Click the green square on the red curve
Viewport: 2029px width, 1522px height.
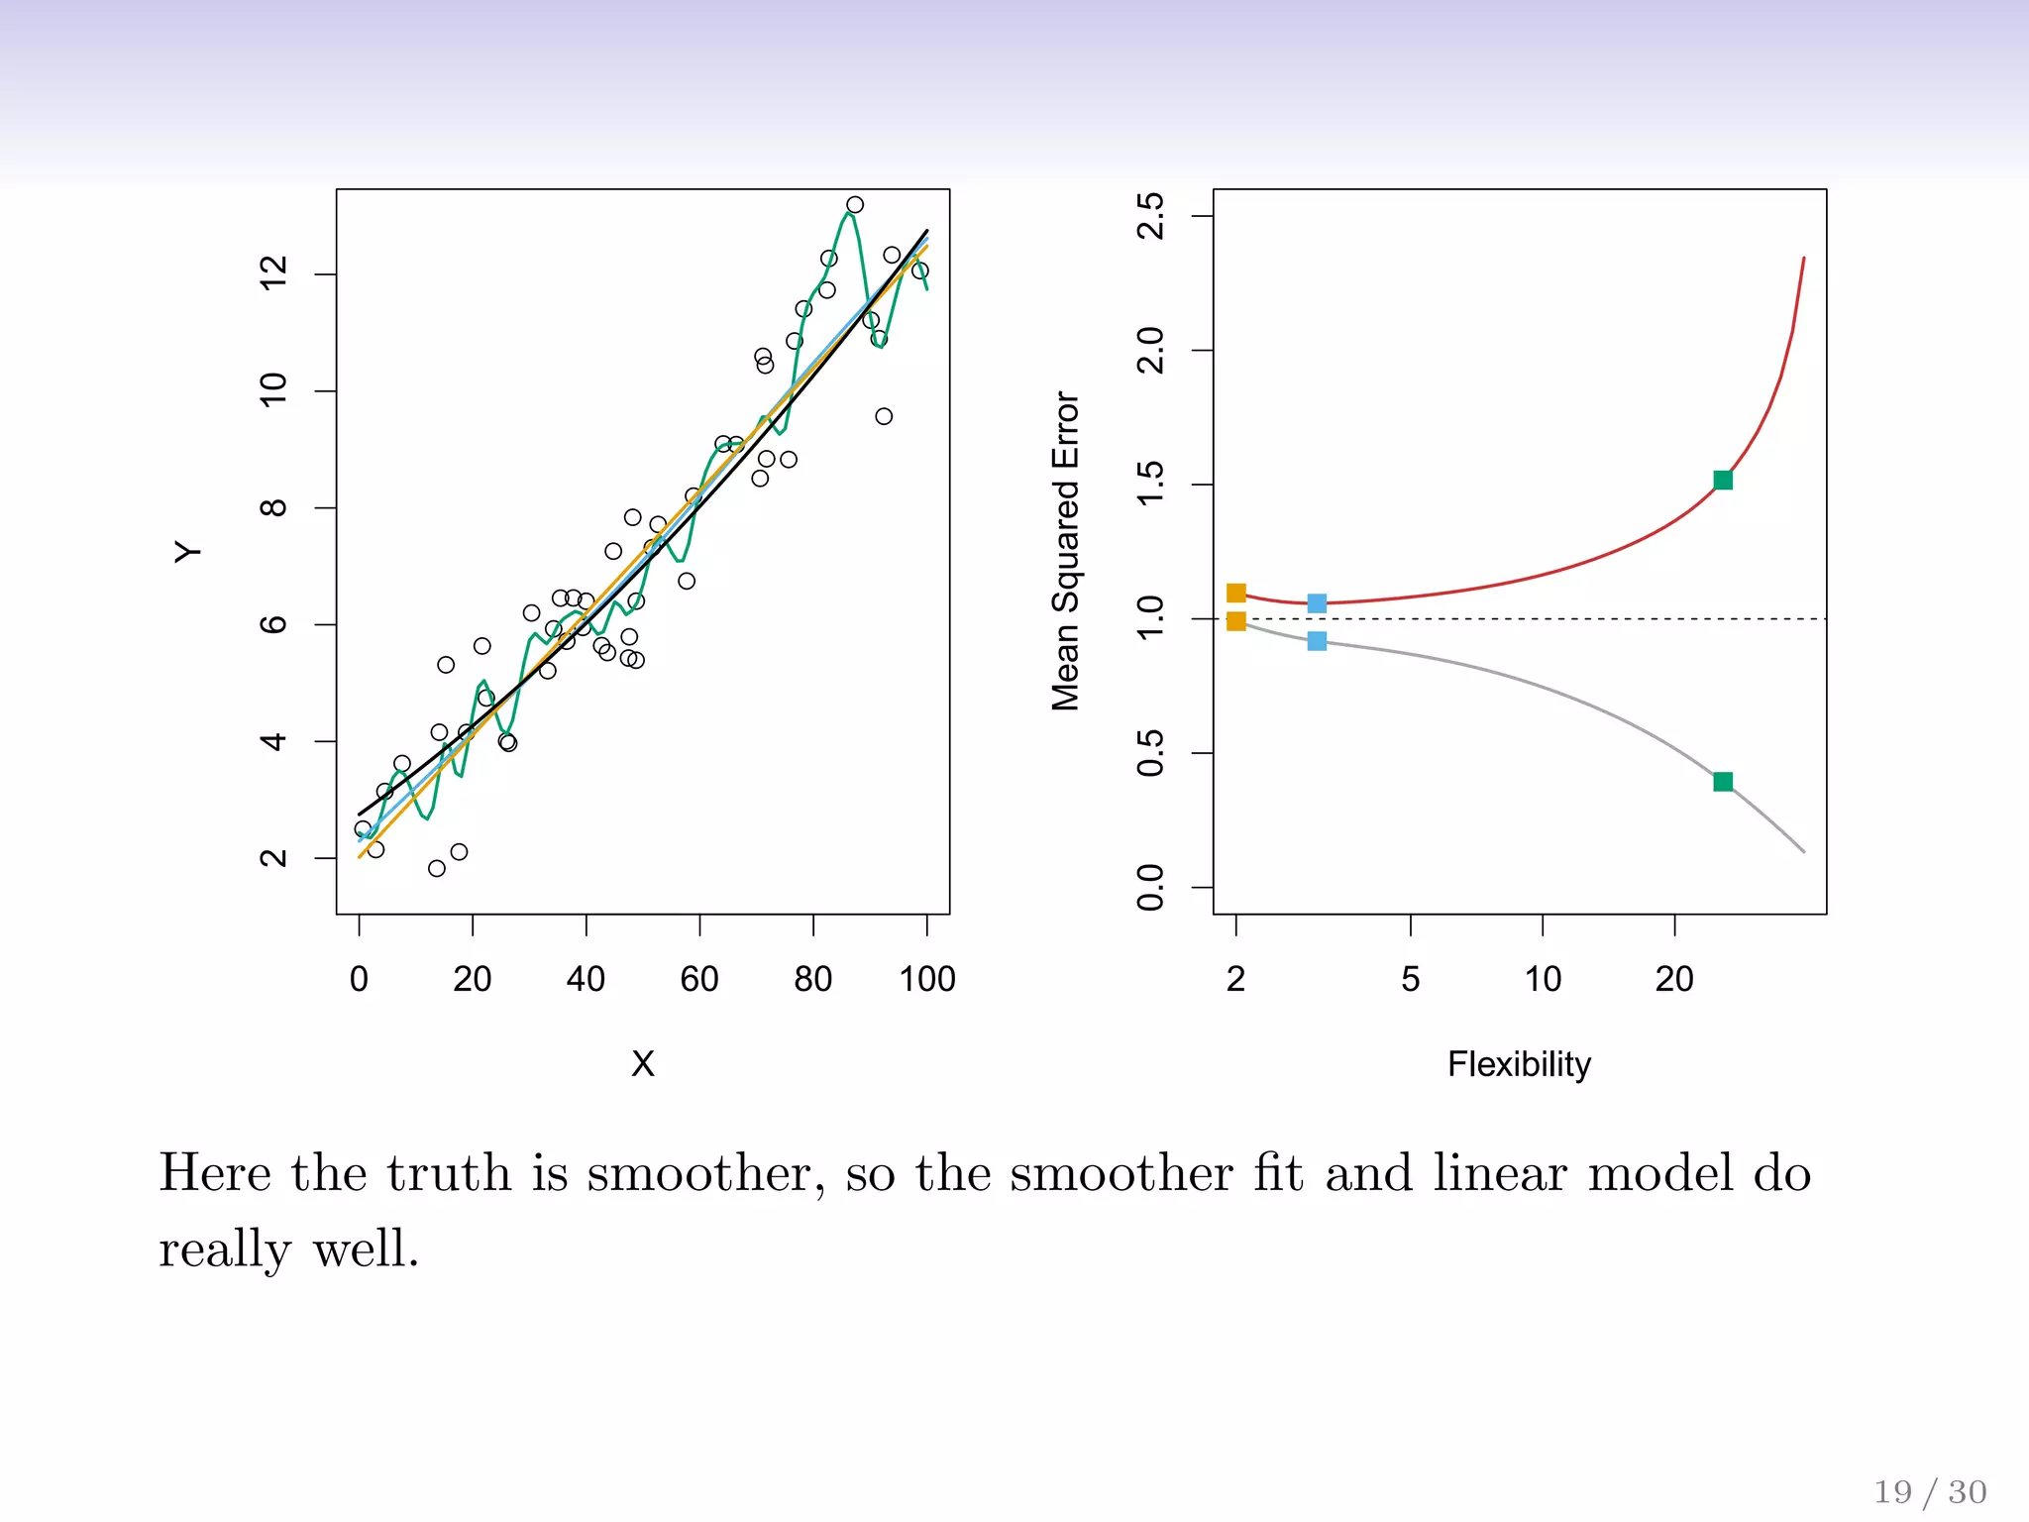pyautogui.click(x=1723, y=481)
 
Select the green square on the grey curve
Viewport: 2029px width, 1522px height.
pyautogui.click(x=1723, y=782)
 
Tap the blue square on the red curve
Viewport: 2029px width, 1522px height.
pyautogui.click(x=1317, y=603)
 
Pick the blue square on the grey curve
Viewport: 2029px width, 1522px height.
pyautogui.click(x=1317, y=641)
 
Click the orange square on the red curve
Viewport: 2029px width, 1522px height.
pyautogui.click(x=1236, y=593)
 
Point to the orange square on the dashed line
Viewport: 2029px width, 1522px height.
pyautogui.click(x=1236, y=621)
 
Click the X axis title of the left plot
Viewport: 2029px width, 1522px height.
pyautogui.click(x=643, y=1064)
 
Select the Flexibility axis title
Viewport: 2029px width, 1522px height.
pyautogui.click(x=1519, y=1064)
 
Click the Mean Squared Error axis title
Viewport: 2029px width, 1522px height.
pyautogui.click(x=1065, y=551)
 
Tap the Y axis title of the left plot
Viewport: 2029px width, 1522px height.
pyautogui.click(x=187, y=552)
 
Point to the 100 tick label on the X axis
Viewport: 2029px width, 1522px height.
pyautogui.click(x=926, y=979)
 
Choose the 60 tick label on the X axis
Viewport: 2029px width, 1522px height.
pyautogui.click(x=699, y=979)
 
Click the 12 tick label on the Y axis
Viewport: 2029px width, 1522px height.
pyautogui.click(x=273, y=272)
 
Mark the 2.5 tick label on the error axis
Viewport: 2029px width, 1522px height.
pyautogui.click(x=1151, y=216)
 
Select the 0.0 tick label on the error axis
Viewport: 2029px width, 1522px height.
pyautogui.click(x=1151, y=887)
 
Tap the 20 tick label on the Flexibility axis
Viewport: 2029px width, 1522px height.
pyautogui.click(x=1674, y=979)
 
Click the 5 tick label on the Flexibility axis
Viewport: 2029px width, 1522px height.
pyautogui.click(x=1411, y=979)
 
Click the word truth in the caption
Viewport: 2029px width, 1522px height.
pyautogui.click(x=449, y=1174)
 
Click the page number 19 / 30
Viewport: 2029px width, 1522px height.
pyautogui.click(x=1930, y=1492)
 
